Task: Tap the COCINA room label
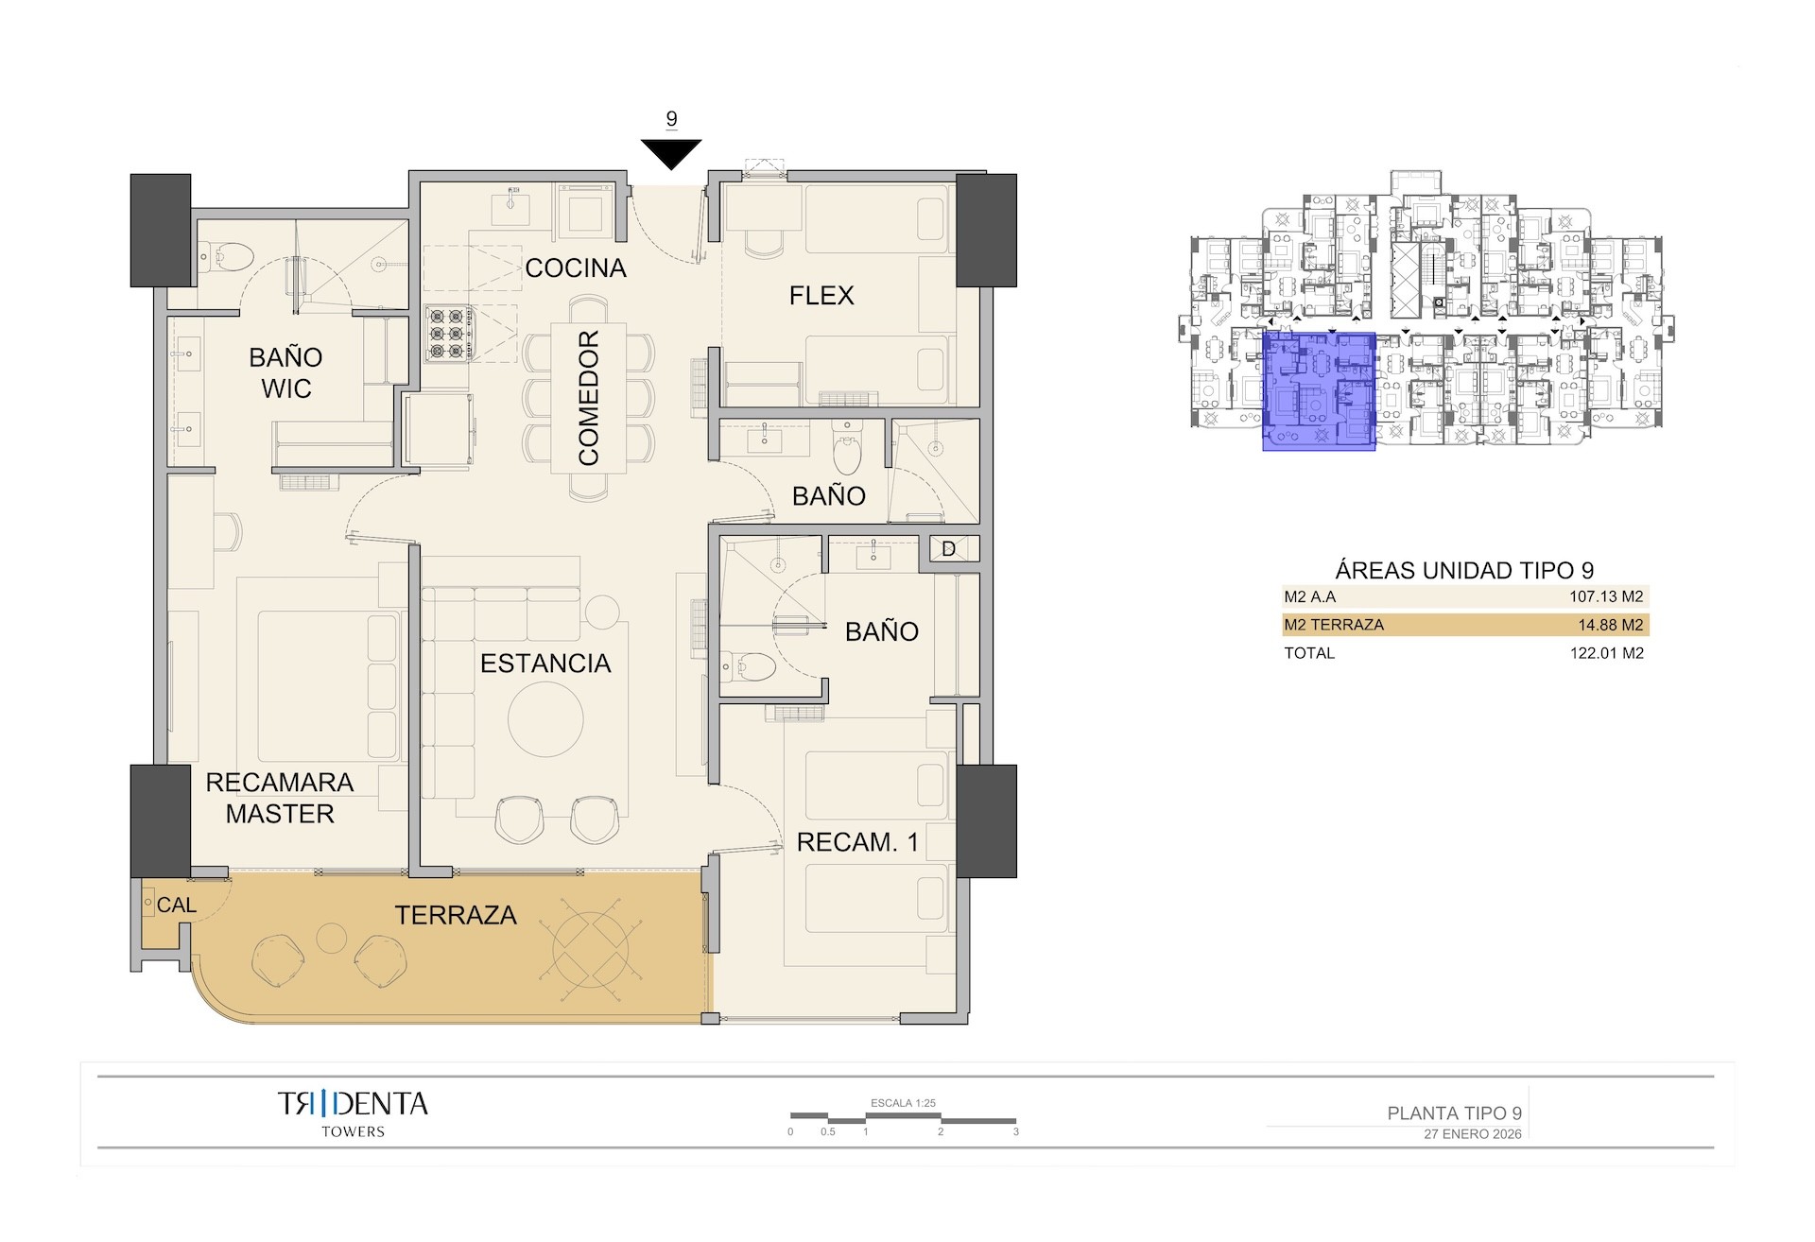[x=575, y=268]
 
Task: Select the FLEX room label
[x=821, y=296]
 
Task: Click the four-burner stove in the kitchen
[x=449, y=333]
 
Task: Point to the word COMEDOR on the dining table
[x=589, y=398]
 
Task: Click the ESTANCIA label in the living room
[x=545, y=664]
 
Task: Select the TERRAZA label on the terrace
[x=456, y=915]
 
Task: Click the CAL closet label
[x=176, y=906]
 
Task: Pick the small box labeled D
[x=948, y=549]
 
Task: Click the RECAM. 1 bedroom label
[x=857, y=842]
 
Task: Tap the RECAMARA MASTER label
[x=280, y=798]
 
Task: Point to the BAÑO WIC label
[x=285, y=372]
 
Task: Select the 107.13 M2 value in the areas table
[x=1605, y=597]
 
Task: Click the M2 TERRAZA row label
[x=1333, y=625]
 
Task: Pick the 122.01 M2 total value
[x=1605, y=653]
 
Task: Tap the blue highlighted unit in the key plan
[x=1318, y=391]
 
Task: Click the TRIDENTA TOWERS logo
[x=353, y=1113]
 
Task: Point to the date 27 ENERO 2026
[x=1472, y=1134]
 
